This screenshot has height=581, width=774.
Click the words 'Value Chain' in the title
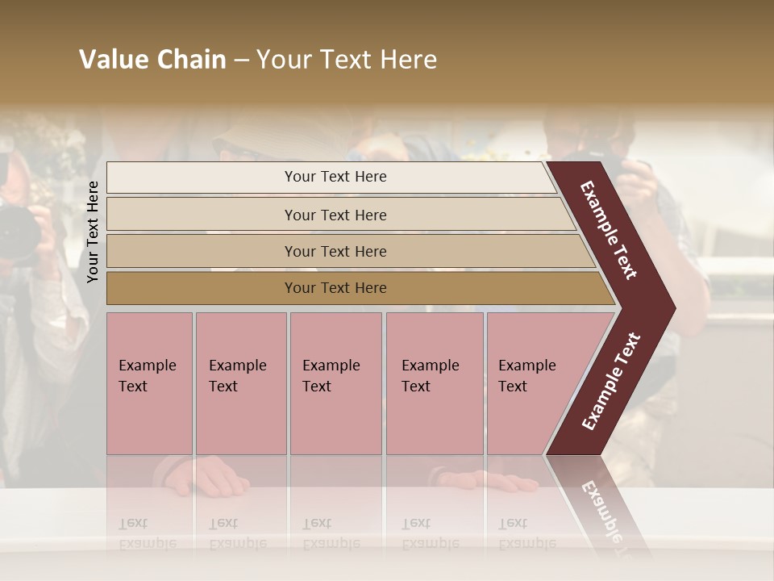pos(152,60)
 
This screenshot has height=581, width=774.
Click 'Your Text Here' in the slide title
pos(347,60)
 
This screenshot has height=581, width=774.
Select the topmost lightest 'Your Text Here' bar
pos(335,177)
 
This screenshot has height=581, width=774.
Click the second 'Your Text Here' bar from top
pos(335,215)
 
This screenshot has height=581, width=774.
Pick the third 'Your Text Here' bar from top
pos(335,251)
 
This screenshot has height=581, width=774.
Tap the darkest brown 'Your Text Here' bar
pos(335,288)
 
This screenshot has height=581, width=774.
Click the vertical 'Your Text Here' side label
pos(93,232)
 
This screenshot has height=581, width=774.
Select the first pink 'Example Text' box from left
pos(149,383)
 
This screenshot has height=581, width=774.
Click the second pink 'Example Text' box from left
pos(240,383)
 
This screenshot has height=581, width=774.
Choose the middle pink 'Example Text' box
pos(335,383)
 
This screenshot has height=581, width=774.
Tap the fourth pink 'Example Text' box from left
pos(435,383)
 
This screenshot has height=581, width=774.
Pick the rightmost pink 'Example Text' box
pos(529,383)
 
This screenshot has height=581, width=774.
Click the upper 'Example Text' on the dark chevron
pos(609,230)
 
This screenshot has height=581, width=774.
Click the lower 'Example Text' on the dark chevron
pos(611,381)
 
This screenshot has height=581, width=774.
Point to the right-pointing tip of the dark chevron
pos(672,308)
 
